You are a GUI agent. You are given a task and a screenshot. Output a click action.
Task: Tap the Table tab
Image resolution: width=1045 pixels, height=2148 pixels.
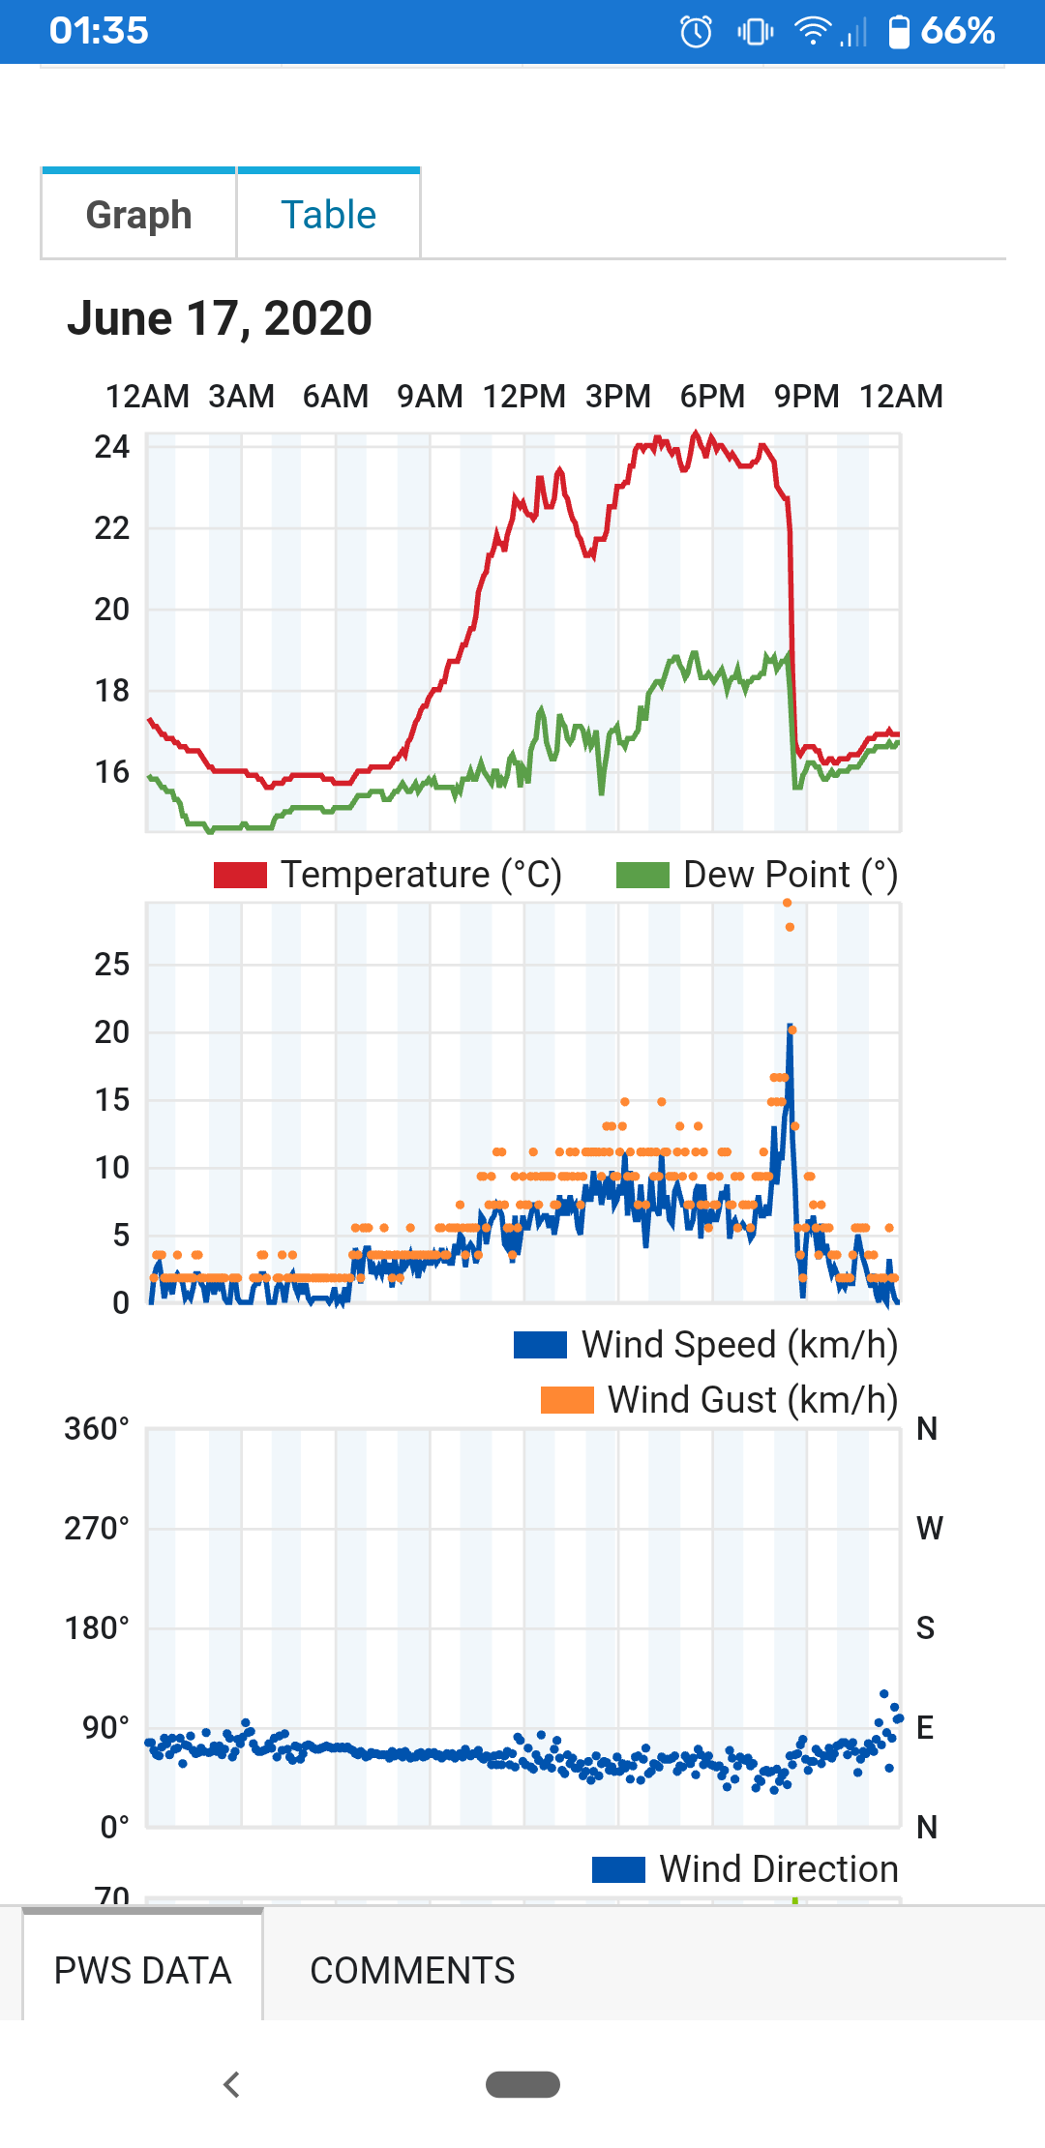point(328,215)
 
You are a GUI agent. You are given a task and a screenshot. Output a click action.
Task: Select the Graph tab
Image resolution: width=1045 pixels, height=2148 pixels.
point(138,215)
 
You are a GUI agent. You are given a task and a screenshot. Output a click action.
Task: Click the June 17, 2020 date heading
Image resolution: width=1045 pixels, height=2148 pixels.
point(220,318)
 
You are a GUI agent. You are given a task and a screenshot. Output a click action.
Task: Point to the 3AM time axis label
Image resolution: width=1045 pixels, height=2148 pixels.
point(241,397)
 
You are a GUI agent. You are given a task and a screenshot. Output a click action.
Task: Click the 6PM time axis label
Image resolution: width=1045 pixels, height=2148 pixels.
point(712,397)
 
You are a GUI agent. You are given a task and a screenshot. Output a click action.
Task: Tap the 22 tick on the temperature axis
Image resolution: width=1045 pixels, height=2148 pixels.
point(111,528)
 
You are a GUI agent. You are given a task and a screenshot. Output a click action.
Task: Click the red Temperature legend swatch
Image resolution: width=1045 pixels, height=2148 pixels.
point(240,875)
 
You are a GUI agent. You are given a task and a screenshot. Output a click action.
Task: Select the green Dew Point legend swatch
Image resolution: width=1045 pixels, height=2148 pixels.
point(642,875)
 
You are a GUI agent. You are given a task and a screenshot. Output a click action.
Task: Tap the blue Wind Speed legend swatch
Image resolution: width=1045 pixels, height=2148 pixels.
point(540,1345)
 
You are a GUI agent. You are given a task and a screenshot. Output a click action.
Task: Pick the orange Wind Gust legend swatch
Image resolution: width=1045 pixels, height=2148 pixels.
point(567,1400)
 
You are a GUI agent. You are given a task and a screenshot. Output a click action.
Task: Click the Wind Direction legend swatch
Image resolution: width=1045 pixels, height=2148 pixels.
point(618,1869)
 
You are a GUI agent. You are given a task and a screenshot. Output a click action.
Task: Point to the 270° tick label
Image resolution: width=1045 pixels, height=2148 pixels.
point(97,1529)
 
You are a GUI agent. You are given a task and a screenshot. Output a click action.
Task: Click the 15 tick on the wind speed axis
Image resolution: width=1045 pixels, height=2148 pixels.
point(111,1100)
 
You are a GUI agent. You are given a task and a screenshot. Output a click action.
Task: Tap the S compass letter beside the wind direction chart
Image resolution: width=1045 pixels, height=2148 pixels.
point(926,1628)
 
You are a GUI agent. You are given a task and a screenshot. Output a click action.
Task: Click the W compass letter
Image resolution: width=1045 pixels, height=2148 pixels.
point(929,1529)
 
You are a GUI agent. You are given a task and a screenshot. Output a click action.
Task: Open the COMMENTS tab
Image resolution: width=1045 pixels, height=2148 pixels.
point(412,1971)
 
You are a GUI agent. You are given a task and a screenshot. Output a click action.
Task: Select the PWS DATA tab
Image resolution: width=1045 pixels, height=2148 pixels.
point(142,1971)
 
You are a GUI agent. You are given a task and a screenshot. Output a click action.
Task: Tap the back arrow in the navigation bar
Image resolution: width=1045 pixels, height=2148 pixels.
point(231,2084)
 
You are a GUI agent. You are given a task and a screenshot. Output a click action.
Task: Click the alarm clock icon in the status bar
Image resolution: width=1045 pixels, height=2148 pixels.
point(696,32)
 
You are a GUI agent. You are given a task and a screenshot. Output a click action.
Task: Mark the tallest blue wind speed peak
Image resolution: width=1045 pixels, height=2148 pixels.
point(790,1026)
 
